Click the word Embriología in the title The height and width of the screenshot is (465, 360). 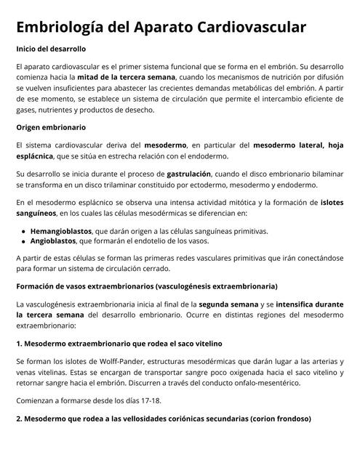coord(65,28)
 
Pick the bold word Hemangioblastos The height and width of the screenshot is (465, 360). coord(66,231)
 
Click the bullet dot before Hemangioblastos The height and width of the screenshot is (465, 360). coord(23,231)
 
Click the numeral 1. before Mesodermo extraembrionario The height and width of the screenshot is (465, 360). coord(20,343)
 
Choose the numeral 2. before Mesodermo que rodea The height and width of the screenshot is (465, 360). coord(20,419)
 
